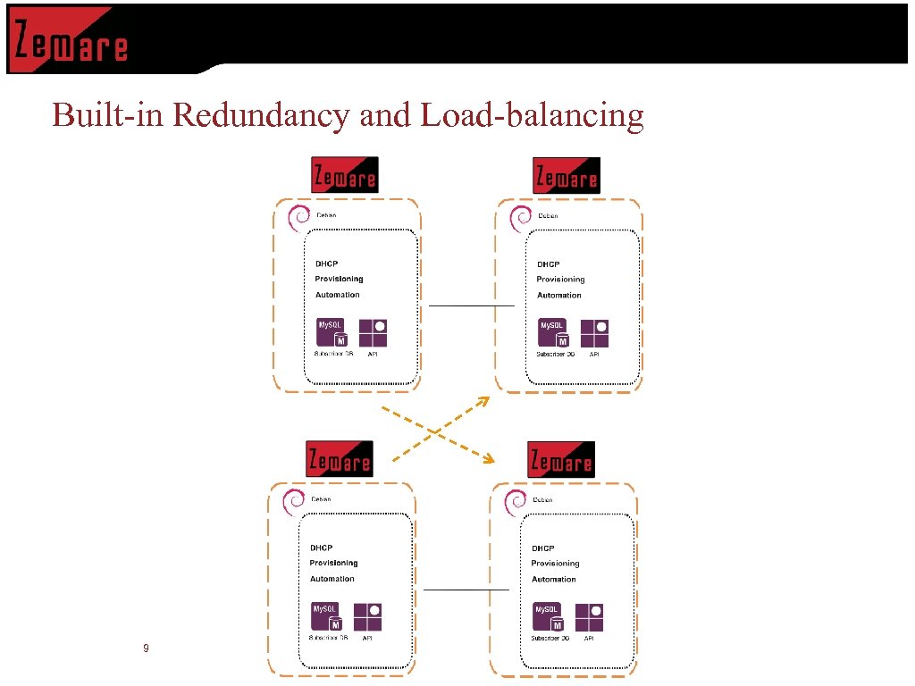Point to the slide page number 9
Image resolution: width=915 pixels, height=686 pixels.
(146, 648)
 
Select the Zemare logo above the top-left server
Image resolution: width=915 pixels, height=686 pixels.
(344, 175)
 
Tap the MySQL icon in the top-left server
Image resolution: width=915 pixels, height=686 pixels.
(332, 333)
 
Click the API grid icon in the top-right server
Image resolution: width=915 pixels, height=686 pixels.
(594, 334)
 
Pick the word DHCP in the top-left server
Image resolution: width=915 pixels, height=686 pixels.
(326, 264)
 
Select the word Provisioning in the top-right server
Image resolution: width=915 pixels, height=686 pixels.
(560, 280)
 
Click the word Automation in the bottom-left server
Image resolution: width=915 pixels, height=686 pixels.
(332, 579)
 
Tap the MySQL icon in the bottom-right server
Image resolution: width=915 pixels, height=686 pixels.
(548, 617)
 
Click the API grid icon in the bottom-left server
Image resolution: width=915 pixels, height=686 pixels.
(368, 617)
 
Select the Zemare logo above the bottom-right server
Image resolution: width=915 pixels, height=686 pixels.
(560, 460)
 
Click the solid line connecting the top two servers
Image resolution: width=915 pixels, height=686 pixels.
(471, 305)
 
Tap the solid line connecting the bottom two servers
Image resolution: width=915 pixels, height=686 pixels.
(466, 590)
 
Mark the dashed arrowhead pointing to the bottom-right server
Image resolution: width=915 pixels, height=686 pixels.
(488, 459)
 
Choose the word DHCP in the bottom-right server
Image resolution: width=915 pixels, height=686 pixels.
(542, 548)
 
